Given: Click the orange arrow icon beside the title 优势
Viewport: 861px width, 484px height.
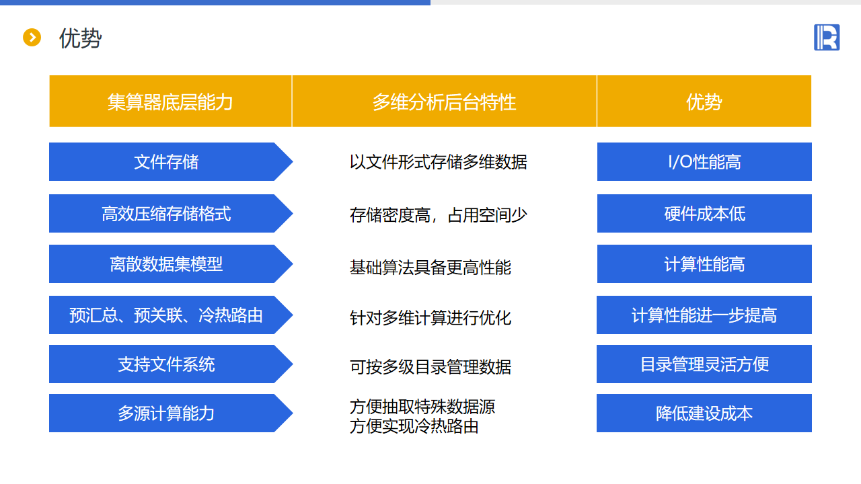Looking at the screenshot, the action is tap(32, 37).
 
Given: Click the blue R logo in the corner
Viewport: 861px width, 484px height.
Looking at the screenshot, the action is tap(827, 37).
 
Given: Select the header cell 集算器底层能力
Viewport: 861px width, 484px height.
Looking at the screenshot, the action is tap(170, 102).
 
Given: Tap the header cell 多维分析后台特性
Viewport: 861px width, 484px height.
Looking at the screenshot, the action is tap(445, 102).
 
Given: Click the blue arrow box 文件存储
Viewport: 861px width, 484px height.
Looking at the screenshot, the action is tap(171, 162).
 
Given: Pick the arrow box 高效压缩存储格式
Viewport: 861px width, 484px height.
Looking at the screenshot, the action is tap(171, 214).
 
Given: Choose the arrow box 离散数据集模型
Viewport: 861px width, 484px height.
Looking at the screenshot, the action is tap(171, 264).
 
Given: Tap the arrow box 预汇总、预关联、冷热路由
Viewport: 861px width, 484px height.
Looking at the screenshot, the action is tap(171, 315).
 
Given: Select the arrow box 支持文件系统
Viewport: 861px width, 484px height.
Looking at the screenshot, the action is tap(171, 364).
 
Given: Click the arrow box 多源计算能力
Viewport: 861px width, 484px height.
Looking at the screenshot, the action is tap(171, 413).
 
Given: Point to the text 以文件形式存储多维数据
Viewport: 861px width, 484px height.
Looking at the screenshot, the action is tap(438, 162).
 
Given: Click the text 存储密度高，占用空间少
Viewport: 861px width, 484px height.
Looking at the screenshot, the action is tap(438, 214).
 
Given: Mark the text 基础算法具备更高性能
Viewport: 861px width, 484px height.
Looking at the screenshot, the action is tap(430, 268).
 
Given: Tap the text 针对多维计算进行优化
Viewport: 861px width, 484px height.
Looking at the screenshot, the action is tap(430, 318).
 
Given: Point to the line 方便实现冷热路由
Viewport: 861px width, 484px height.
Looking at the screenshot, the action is tap(414, 426).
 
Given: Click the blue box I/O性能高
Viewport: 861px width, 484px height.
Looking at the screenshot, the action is tap(704, 162).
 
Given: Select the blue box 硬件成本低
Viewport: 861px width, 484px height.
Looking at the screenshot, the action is tap(704, 214).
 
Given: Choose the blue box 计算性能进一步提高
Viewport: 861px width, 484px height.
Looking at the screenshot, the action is tap(704, 315).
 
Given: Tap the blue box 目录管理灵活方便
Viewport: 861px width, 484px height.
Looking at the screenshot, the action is tap(704, 364).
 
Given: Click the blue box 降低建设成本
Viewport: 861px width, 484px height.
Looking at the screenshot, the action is tap(704, 413).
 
